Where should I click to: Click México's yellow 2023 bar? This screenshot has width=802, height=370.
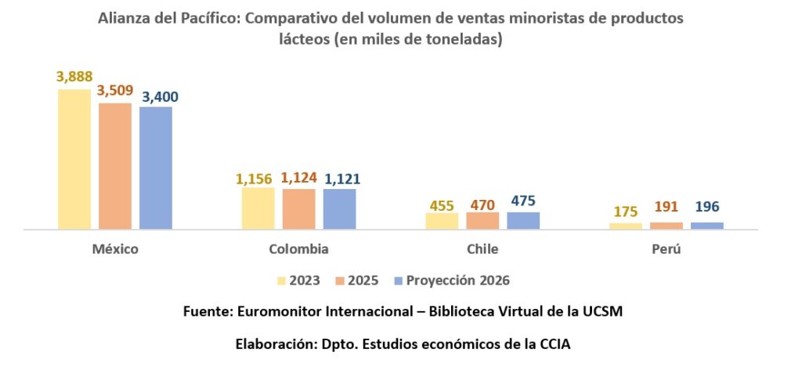click(74, 159)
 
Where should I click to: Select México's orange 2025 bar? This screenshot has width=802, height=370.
click(115, 166)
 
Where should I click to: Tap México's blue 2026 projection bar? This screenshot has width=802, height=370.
click(156, 168)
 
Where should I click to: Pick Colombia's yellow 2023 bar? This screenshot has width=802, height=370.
click(258, 209)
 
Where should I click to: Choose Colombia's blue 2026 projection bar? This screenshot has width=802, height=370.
click(339, 209)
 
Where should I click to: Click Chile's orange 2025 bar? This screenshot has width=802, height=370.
click(482, 221)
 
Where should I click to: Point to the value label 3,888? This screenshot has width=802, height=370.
click(74, 77)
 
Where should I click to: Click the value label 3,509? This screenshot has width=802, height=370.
click(116, 91)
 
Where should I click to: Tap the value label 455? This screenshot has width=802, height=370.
click(442, 205)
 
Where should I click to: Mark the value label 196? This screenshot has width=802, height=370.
click(706, 208)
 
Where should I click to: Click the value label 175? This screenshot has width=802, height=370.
click(625, 212)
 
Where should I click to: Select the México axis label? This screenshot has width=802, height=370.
click(115, 249)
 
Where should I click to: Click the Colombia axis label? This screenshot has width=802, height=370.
click(298, 249)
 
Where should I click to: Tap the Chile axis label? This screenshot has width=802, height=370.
click(482, 249)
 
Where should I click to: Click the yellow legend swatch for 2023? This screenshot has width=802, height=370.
click(281, 280)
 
